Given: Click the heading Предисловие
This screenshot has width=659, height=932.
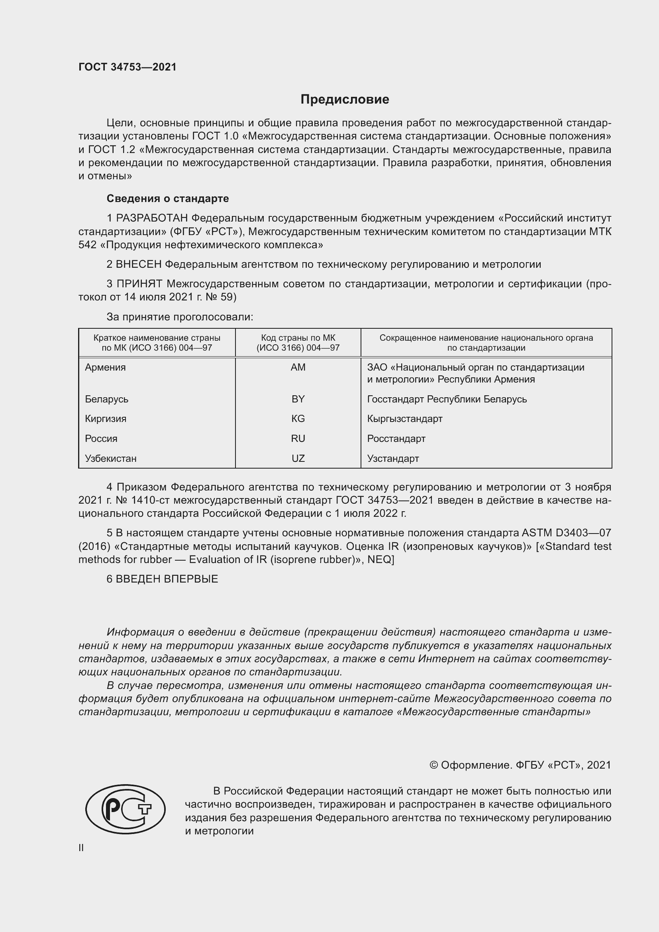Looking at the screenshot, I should tap(345, 100).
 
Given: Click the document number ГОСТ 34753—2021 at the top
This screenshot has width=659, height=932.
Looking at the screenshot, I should tap(127, 67).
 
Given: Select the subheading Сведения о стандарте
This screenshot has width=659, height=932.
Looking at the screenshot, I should tap(168, 198).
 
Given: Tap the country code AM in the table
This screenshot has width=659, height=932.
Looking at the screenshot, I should tap(298, 367).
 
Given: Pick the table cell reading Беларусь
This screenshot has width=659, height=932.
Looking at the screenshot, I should tap(106, 399).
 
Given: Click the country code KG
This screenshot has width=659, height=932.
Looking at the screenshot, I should tap(298, 418).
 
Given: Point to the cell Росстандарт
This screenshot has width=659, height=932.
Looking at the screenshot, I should tap(396, 438).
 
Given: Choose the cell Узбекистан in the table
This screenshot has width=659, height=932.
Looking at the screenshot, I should tap(110, 458).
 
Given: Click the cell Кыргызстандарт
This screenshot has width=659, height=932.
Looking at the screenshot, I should tap(404, 418).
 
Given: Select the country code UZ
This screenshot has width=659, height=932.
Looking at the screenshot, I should tap(298, 458).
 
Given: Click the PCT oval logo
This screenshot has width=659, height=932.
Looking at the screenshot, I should tap(126, 809).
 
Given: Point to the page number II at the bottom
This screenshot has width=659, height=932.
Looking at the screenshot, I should tap(81, 848).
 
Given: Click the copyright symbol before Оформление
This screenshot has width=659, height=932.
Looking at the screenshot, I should tap(433, 765).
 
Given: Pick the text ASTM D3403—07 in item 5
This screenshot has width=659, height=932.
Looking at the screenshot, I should tap(566, 533).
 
